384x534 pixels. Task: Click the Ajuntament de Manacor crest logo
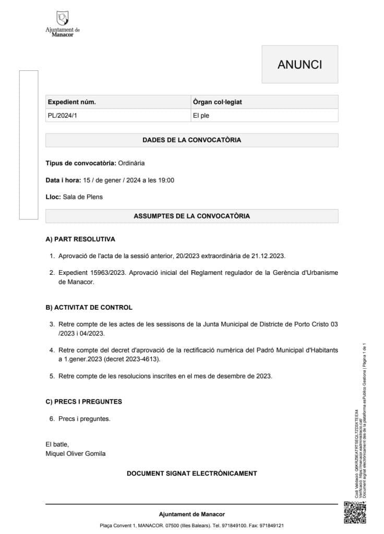pyautogui.click(x=63, y=20)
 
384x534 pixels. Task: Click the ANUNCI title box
pyautogui.click(x=299, y=64)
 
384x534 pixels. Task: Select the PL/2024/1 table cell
pyautogui.click(x=62, y=116)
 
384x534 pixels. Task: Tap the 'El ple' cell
pyautogui.click(x=201, y=116)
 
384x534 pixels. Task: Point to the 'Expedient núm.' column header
pyautogui.click(x=72, y=102)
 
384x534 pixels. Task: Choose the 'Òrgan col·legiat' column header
pyautogui.click(x=217, y=102)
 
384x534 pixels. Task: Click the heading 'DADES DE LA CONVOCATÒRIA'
pyautogui.click(x=191, y=140)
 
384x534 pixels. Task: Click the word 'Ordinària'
pyautogui.click(x=131, y=163)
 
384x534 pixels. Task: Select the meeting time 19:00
pyautogui.click(x=165, y=180)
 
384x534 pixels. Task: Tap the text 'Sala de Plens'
pyautogui.click(x=82, y=197)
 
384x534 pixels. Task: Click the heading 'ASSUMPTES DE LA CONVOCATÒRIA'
pyautogui.click(x=191, y=215)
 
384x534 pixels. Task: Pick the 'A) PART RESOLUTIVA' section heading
pyautogui.click(x=80, y=239)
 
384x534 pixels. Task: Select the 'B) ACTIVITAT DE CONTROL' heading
pyautogui.click(x=89, y=307)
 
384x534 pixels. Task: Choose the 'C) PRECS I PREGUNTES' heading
pyautogui.click(x=84, y=402)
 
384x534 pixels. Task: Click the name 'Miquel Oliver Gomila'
pyautogui.click(x=76, y=454)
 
